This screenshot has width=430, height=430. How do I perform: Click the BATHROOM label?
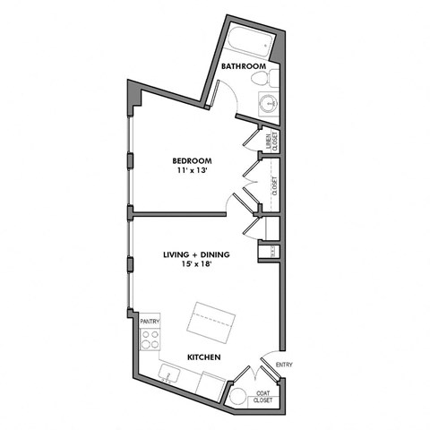[244, 66]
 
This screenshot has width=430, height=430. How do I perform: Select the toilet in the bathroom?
[262, 80]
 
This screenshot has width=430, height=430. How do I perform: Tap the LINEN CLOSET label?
[271, 142]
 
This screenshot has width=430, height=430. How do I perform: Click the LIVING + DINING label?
[196, 255]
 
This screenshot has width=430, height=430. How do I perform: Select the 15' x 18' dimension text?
[196, 266]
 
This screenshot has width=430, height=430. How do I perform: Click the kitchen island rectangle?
[212, 318]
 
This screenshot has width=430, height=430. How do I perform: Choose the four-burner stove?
[150, 340]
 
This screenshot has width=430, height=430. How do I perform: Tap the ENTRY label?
[284, 365]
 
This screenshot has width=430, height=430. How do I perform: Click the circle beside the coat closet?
[239, 397]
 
